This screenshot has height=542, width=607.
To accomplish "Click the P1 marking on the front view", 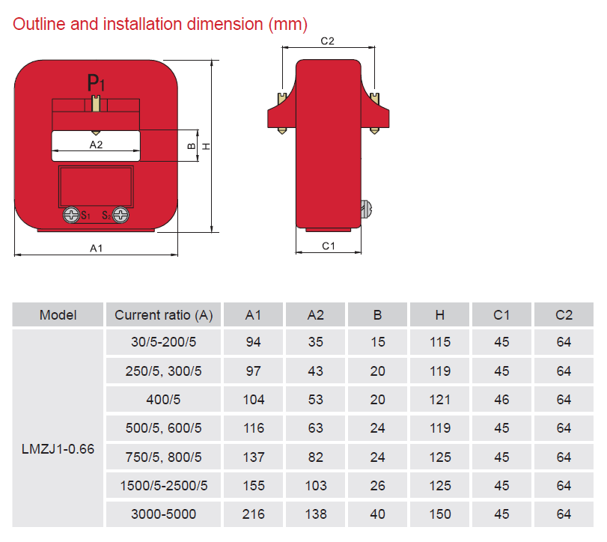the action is [x=96, y=82].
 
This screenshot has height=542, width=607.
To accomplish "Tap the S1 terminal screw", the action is [x=71, y=215].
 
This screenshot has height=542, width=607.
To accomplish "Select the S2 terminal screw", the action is [x=121, y=215].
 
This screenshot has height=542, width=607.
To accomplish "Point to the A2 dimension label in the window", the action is [x=96, y=144].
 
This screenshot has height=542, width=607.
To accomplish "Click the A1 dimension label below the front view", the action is [x=96, y=248].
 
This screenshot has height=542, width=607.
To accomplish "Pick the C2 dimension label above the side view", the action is [x=328, y=41].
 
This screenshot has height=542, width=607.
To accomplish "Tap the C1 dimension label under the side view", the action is [x=329, y=246].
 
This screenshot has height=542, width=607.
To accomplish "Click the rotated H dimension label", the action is [x=207, y=146].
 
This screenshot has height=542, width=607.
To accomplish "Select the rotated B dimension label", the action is [x=192, y=146].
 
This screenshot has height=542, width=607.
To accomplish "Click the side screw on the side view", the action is [x=366, y=209].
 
